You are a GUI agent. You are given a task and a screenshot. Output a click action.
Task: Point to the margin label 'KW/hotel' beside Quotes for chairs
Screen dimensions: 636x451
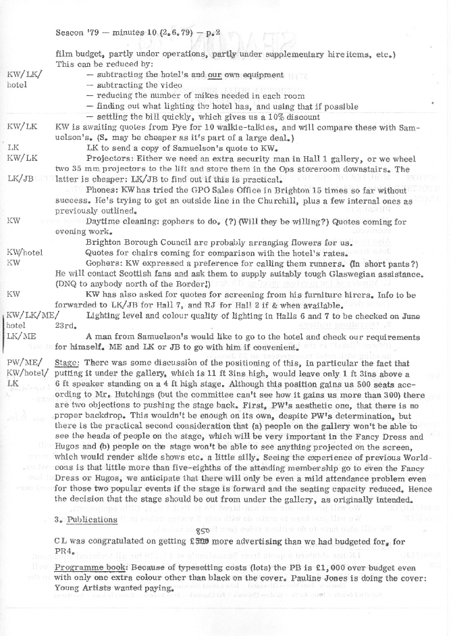(x=25, y=252)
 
